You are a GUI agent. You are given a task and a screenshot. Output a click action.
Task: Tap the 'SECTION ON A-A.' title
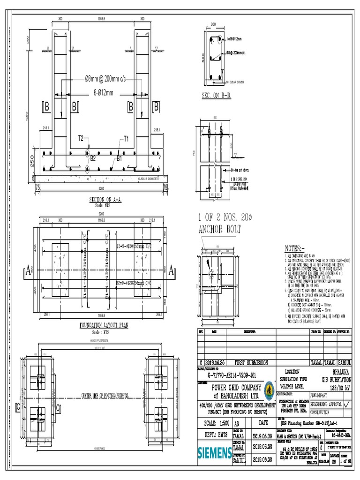(x=105, y=200)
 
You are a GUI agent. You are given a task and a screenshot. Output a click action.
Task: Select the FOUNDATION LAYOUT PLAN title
(x=104, y=324)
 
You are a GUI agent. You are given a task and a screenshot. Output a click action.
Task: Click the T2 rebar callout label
(x=81, y=138)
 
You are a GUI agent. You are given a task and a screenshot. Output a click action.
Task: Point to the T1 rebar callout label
(x=126, y=138)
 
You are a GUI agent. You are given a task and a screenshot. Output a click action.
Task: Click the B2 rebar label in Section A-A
(x=93, y=158)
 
